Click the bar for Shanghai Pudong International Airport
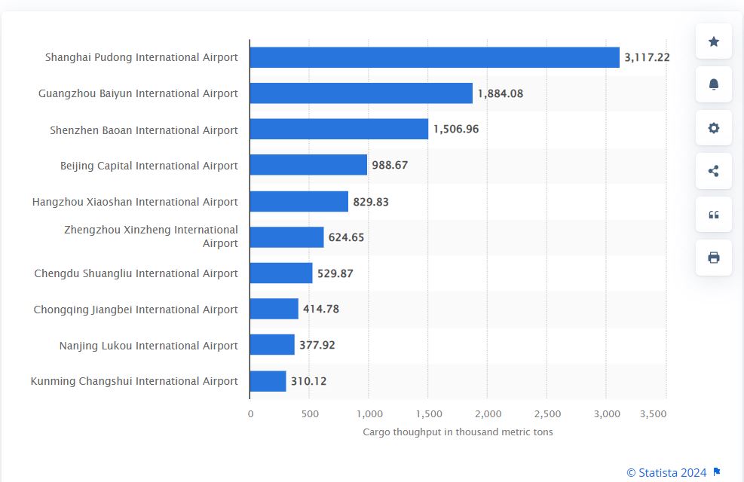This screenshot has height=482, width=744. click(x=434, y=57)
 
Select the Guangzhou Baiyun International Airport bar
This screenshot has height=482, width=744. click(x=361, y=93)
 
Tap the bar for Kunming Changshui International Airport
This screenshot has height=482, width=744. click(x=268, y=381)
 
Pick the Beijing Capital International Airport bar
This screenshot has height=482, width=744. click(x=308, y=165)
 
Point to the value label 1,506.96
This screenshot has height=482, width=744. click(x=455, y=130)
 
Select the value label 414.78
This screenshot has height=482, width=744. click(x=325, y=309)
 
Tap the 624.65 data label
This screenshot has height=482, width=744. click(x=346, y=237)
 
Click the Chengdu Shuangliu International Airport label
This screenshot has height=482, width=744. click(x=136, y=273)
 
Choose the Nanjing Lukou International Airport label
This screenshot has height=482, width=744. click(x=148, y=346)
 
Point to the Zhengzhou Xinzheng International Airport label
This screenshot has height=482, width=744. click(x=151, y=236)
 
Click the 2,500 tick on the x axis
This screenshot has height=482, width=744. click(x=547, y=414)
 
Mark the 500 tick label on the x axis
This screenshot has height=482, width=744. click(x=310, y=414)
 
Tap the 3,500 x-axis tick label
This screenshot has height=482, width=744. click(x=653, y=414)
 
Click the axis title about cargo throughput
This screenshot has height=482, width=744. click(x=458, y=432)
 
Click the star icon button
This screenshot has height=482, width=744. click(x=714, y=42)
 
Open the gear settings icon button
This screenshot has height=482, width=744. click(x=714, y=128)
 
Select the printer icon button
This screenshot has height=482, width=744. click(x=714, y=258)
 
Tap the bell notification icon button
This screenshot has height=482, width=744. click(x=714, y=84)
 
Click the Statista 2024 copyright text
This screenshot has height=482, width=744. click(x=666, y=472)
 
